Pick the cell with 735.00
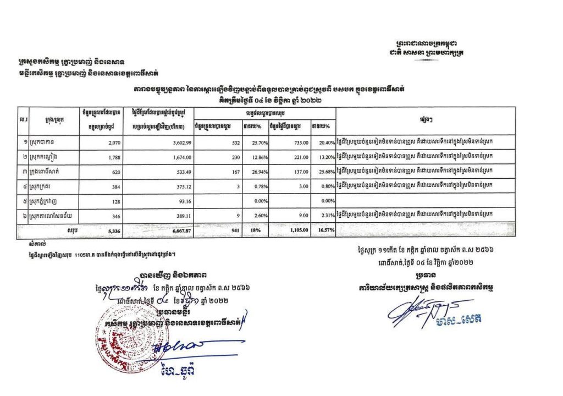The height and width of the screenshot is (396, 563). coord(294,142)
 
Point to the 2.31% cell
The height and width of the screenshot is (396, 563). coord(327,215)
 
